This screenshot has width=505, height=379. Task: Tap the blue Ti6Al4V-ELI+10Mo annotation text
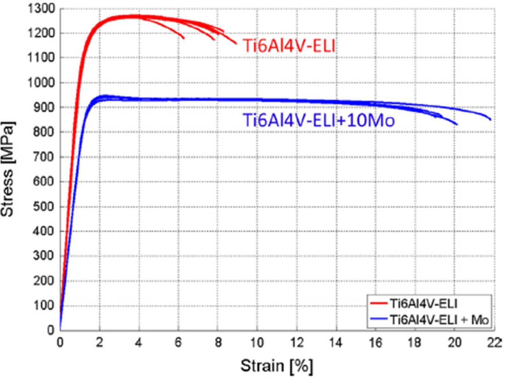click(319, 120)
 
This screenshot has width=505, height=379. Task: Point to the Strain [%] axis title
click(276, 365)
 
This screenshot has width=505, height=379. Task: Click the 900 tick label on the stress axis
click(46, 107)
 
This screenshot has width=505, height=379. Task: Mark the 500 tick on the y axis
click(46, 207)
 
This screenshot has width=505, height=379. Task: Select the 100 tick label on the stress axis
click(46, 306)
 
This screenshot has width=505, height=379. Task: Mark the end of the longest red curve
click(236, 43)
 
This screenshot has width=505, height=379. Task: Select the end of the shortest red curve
click(184, 39)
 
